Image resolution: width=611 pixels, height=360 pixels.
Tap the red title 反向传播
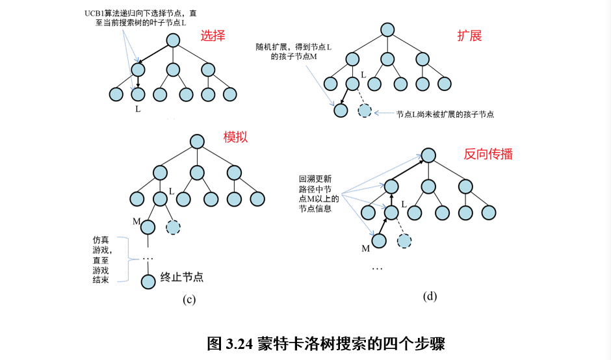click(487, 154)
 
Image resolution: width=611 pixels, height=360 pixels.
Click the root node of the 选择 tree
click(172, 40)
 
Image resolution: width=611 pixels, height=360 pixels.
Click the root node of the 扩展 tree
click(387, 30)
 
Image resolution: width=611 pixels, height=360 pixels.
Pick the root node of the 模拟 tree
click(196, 141)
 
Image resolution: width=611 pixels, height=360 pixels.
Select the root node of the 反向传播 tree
click(428, 155)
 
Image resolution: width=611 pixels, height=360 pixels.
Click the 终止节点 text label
click(182, 277)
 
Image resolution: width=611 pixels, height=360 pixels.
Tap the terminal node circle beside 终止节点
click(148, 281)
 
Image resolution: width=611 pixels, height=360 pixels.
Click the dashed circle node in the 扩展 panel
click(365, 110)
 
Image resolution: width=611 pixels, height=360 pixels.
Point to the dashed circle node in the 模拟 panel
click(174, 227)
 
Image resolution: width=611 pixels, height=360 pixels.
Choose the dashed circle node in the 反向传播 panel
click(404, 241)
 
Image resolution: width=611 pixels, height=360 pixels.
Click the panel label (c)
click(189, 300)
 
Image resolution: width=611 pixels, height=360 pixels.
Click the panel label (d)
click(430, 296)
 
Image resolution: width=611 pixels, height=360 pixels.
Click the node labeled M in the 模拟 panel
click(148, 227)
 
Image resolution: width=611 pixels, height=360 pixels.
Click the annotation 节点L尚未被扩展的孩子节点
click(445, 114)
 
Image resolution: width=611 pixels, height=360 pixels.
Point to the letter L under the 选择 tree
click(138, 108)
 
